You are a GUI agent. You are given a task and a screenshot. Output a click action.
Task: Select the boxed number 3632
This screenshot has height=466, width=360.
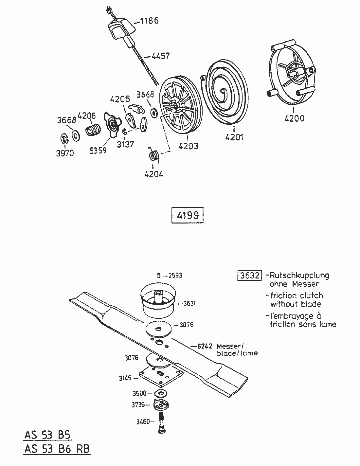coord(249,276)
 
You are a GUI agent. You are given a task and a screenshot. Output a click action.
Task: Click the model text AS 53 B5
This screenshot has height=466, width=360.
coord(47,435)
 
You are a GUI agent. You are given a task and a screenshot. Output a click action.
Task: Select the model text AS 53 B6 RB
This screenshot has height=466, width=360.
coord(57,448)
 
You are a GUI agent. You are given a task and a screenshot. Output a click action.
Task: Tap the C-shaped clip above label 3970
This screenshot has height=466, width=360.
coord(64,139)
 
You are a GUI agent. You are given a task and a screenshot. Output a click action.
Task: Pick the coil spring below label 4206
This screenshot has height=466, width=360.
coord(94,131)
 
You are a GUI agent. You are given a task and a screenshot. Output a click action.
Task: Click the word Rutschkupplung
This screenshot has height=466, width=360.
coord(299,275)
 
